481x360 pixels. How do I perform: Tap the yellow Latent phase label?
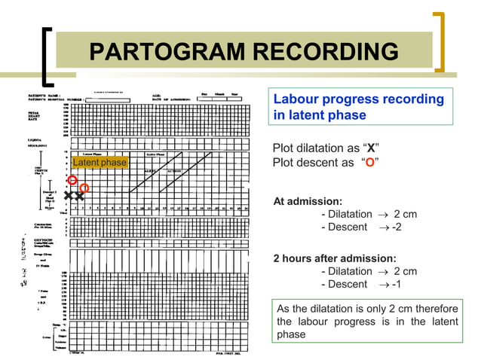100,163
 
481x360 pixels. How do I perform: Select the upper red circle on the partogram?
72,179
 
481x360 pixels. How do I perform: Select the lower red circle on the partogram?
84,188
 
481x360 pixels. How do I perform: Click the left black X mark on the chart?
69,196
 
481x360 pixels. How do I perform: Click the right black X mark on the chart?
79,196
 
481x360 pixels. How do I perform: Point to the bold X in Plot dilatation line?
371,147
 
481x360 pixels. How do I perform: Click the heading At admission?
308,201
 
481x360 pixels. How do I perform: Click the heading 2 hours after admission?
334,258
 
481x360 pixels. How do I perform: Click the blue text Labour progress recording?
358,99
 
